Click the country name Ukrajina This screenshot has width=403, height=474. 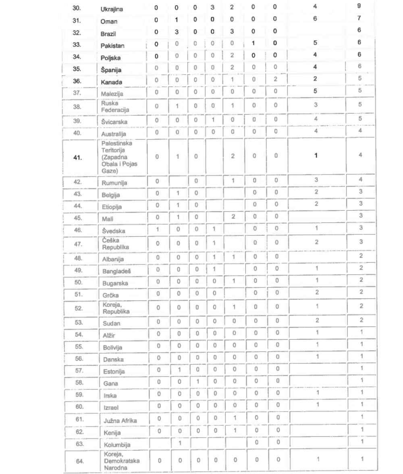(112, 9)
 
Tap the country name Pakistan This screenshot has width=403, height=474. (112, 46)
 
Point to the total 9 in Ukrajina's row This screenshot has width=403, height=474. (359, 6)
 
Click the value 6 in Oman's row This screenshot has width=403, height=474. (315, 19)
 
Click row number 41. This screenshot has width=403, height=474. (78, 157)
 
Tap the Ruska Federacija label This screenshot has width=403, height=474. (113, 106)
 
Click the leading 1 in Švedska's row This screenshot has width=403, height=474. (157, 229)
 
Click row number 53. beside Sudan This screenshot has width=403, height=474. (78, 322)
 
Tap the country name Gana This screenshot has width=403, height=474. (110, 383)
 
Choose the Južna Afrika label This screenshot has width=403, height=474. (120, 421)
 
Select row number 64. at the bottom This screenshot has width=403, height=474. (78, 460)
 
